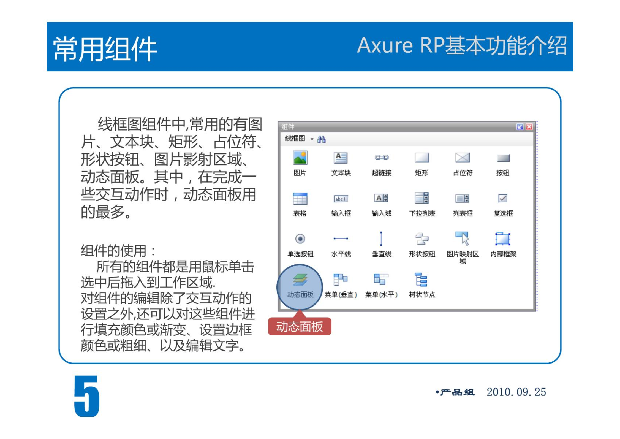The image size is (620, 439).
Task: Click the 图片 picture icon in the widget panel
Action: (x=300, y=158)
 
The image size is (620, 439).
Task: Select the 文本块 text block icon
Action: (x=341, y=158)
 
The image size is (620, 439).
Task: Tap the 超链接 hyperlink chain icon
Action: (x=381, y=157)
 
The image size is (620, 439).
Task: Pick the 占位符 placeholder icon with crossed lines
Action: (x=462, y=158)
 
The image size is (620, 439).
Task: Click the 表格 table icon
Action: (x=300, y=198)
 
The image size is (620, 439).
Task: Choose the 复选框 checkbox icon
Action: (x=503, y=198)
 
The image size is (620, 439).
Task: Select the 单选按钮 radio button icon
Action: (x=300, y=239)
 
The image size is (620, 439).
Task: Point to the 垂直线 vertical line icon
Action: (x=381, y=239)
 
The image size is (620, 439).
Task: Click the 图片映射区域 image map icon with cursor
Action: (x=462, y=238)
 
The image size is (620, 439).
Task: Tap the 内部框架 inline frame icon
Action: (x=503, y=239)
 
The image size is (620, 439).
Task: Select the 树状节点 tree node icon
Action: (x=421, y=279)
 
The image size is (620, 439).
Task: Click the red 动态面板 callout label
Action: (x=300, y=326)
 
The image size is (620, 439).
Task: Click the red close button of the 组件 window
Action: (x=529, y=126)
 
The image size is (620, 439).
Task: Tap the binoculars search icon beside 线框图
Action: (x=321, y=139)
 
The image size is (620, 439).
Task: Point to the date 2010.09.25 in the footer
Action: (x=516, y=392)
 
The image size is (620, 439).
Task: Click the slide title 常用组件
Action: (x=105, y=49)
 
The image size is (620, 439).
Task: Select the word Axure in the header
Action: (x=385, y=45)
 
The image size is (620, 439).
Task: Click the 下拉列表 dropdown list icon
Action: (x=422, y=198)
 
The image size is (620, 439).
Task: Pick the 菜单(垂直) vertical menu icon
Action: (x=340, y=279)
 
